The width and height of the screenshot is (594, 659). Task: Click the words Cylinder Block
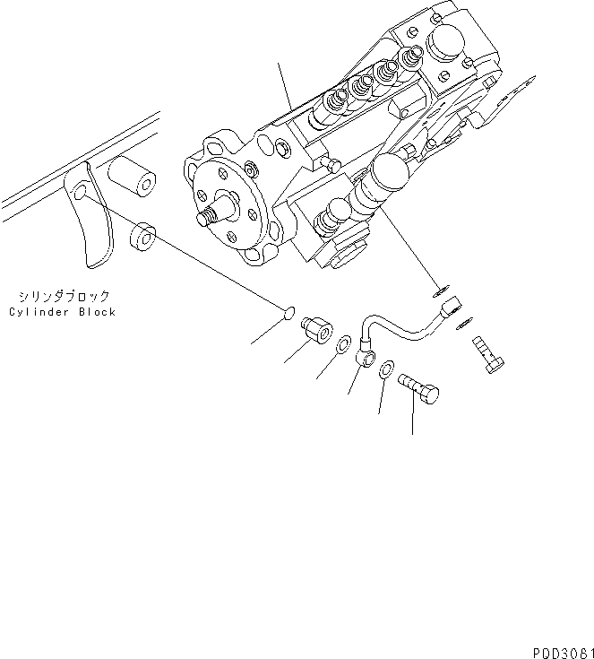click(x=63, y=312)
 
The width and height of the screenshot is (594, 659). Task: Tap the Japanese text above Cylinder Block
click(x=62, y=295)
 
